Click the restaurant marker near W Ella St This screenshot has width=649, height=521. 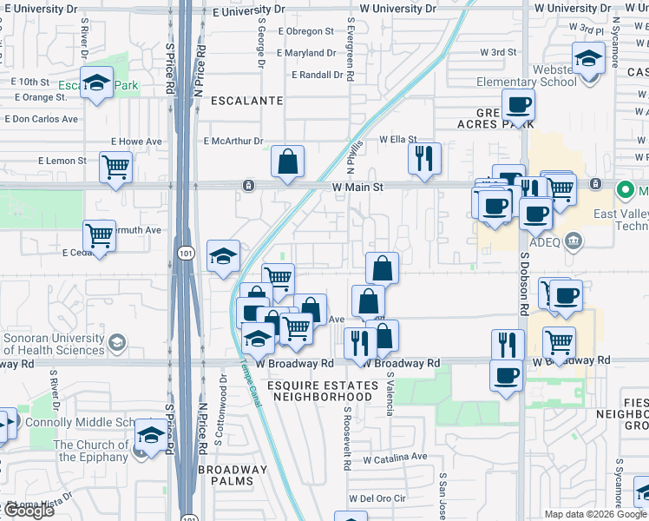[424, 158]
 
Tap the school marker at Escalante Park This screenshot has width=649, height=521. [95, 82]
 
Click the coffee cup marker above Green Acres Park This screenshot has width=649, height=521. [519, 106]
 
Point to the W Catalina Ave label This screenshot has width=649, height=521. [395, 457]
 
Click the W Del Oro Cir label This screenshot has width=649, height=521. [377, 498]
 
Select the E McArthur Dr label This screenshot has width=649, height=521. [233, 141]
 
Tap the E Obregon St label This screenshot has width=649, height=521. [305, 31]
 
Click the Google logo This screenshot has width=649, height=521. [28, 510]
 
